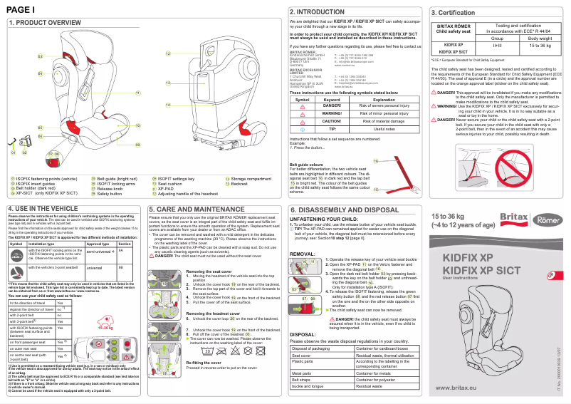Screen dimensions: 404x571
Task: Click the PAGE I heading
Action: click(x=21, y=9)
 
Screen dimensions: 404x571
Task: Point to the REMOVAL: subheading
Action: click(x=303, y=254)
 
